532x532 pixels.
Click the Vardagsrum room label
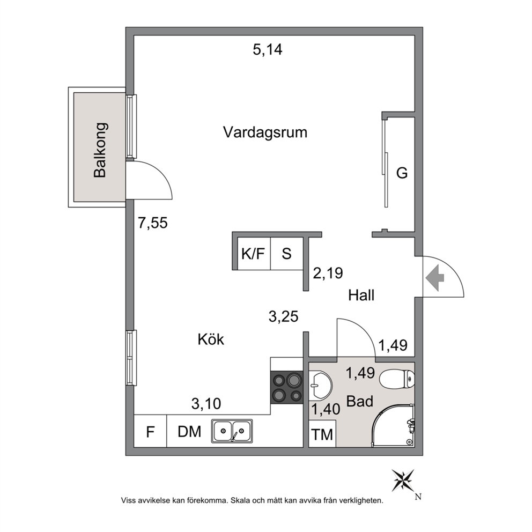[x=265, y=132]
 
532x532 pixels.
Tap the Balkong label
[x=100, y=150]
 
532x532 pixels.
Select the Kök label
[x=211, y=339]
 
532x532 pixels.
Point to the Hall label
[x=361, y=295]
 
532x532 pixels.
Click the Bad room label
[x=360, y=401]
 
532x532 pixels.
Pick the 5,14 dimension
[x=268, y=50]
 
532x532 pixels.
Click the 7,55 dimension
[x=153, y=223]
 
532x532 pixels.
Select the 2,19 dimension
[x=328, y=273]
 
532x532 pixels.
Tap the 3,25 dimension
[x=283, y=316]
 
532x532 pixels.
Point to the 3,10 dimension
[x=206, y=404]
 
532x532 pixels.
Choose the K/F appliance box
[x=254, y=254]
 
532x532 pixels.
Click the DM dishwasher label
[x=189, y=432]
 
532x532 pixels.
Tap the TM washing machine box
[x=322, y=434]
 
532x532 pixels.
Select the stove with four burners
[x=287, y=387]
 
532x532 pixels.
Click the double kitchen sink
[x=232, y=431]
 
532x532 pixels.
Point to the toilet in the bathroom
[x=397, y=379]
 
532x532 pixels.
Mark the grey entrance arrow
[x=435, y=278]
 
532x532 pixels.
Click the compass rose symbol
[x=403, y=481]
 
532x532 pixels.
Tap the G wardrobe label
[x=402, y=173]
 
